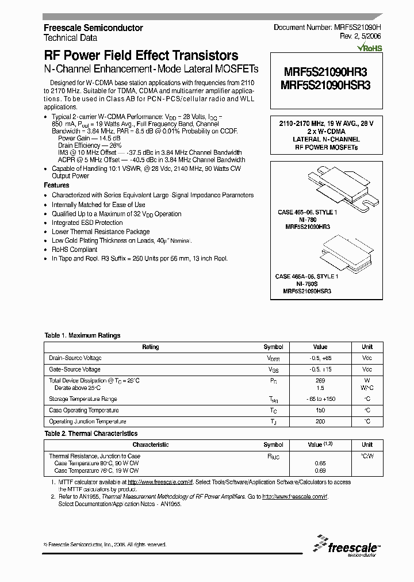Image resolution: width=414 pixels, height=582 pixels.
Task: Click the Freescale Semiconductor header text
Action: (93, 28)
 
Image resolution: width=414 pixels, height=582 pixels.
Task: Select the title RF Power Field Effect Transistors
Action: (141, 56)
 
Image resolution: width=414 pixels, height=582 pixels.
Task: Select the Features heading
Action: (56, 185)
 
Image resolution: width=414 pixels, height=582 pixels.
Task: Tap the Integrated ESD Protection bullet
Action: (87, 223)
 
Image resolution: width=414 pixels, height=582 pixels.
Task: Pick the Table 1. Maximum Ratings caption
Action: (82, 335)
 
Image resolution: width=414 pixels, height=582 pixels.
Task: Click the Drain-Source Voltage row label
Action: (75, 358)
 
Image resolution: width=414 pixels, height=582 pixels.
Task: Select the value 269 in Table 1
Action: (320, 381)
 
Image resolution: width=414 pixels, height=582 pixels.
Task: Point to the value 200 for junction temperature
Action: (320, 422)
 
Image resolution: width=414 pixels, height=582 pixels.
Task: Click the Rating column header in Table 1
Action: (150, 347)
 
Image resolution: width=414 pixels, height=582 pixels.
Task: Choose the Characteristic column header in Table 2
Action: (150, 445)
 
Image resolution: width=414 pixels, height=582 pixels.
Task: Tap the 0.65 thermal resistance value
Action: (320, 462)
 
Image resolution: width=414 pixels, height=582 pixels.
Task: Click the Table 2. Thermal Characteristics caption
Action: (91, 433)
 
